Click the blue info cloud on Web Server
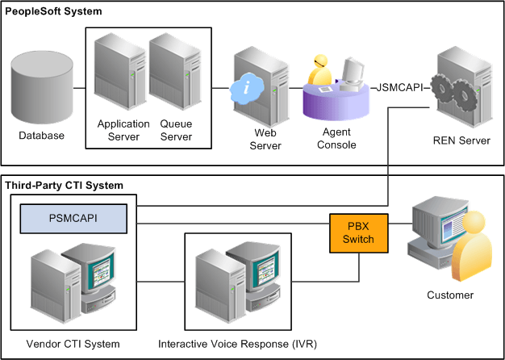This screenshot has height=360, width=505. click(245, 89)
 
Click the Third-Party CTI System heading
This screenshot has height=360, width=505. click(65, 186)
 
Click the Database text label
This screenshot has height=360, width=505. click(42, 136)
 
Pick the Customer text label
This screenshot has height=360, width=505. click(449, 295)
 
